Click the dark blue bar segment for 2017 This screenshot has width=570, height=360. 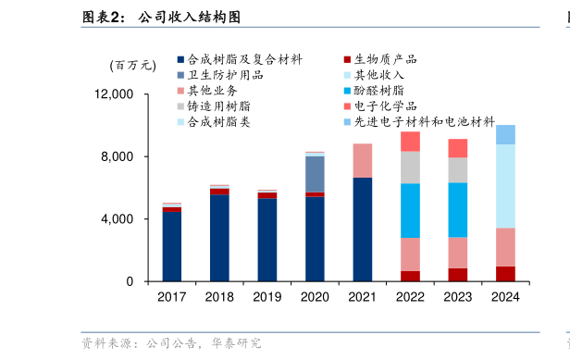pyautogui.click(x=172, y=246)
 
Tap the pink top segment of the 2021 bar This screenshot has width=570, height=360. pyautogui.click(x=363, y=160)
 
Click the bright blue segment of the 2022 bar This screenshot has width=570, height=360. pyautogui.click(x=410, y=210)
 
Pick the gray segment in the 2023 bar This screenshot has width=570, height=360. pyautogui.click(x=458, y=170)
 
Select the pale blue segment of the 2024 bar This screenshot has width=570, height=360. pyautogui.click(x=505, y=185)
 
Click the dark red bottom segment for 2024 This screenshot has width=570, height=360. pyautogui.click(x=505, y=274)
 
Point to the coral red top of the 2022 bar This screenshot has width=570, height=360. pyautogui.click(x=410, y=141)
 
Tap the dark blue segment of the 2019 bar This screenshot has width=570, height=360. pyautogui.click(x=267, y=240)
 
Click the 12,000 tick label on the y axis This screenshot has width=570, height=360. pyautogui.click(x=115, y=94)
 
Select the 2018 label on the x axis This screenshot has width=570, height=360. pyautogui.click(x=219, y=297)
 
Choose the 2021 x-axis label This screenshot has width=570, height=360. pyautogui.click(x=363, y=297)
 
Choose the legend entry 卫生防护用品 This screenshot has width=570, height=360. pyautogui.click(x=226, y=75)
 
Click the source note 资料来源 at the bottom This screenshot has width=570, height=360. pyautogui.click(x=171, y=343)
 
